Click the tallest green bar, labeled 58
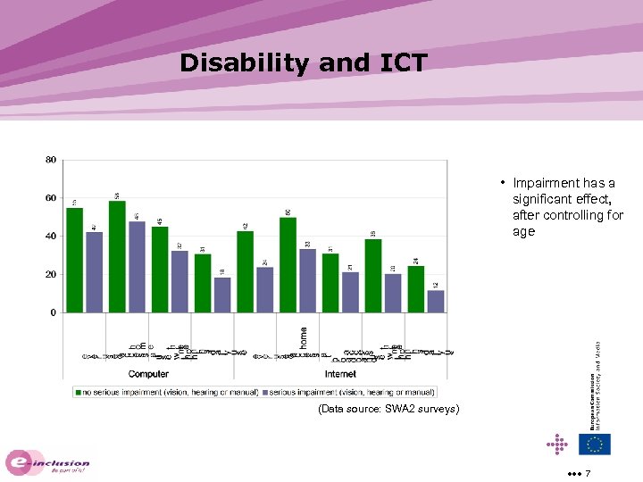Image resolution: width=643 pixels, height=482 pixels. pyautogui.click(x=117, y=257)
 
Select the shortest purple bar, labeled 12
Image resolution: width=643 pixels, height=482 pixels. pyautogui.click(x=436, y=302)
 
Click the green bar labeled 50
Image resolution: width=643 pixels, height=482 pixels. pyautogui.click(x=288, y=265)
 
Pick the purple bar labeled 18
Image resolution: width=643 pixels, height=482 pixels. pyautogui.click(x=222, y=295)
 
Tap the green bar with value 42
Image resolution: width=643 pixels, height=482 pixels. pyautogui.click(x=245, y=272)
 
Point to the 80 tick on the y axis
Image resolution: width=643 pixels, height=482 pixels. pyautogui.click(x=51, y=160)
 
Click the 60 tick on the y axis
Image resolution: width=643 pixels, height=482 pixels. pyautogui.click(x=51, y=198)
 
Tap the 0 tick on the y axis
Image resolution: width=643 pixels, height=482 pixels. pyautogui.click(x=54, y=313)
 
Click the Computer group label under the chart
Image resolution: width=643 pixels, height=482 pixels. pyautogui.click(x=148, y=374)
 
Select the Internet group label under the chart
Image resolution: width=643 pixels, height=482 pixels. pyautogui.click(x=340, y=374)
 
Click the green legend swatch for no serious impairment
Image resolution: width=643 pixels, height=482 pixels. pyautogui.click(x=79, y=392)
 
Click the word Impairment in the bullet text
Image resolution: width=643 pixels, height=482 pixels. pyautogui.click(x=546, y=183)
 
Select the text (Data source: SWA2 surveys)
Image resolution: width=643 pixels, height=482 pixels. pyautogui.click(x=388, y=409)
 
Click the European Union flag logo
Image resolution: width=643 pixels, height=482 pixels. pyautogui.click(x=594, y=444)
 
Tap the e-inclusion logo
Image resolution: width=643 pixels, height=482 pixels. pyautogui.click(x=48, y=462)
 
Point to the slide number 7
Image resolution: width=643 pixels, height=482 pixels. pyautogui.click(x=588, y=472)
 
